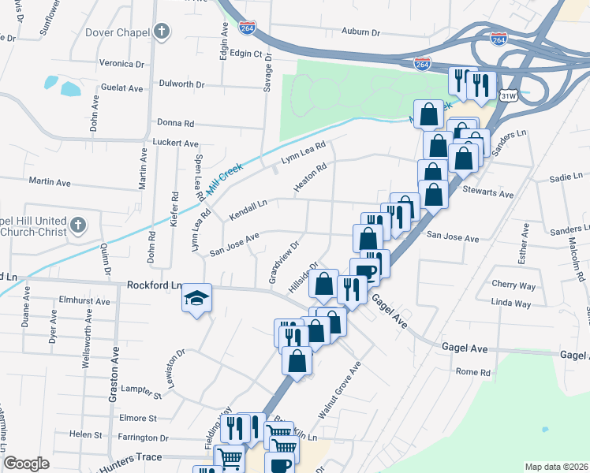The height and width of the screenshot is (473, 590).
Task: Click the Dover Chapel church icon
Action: click(x=162, y=32)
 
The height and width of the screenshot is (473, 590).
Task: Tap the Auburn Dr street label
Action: click(x=360, y=33)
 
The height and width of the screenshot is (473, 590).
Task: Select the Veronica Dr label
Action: click(x=121, y=63)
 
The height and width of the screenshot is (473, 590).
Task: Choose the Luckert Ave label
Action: click(x=175, y=143)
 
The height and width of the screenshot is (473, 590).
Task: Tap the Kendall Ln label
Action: click(x=248, y=210)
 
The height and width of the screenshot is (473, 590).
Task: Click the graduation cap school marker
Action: click(x=196, y=299)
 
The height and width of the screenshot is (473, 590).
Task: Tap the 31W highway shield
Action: click(x=508, y=95)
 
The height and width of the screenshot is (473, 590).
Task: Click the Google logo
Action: click(x=25, y=464)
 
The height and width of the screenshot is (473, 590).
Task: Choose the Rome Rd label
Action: click(x=472, y=371)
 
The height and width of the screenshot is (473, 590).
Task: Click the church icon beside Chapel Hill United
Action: click(x=77, y=226)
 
